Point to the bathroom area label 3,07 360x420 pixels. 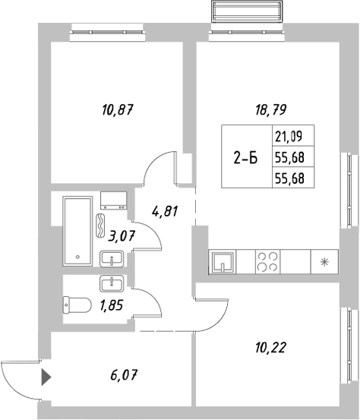[121, 236]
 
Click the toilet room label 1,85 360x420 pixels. [111, 307]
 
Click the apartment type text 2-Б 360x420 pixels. [245, 158]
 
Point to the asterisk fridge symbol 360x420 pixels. [325, 263]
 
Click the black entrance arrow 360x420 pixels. [46, 374]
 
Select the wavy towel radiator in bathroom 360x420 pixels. [102, 226]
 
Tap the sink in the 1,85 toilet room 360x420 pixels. [112, 285]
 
